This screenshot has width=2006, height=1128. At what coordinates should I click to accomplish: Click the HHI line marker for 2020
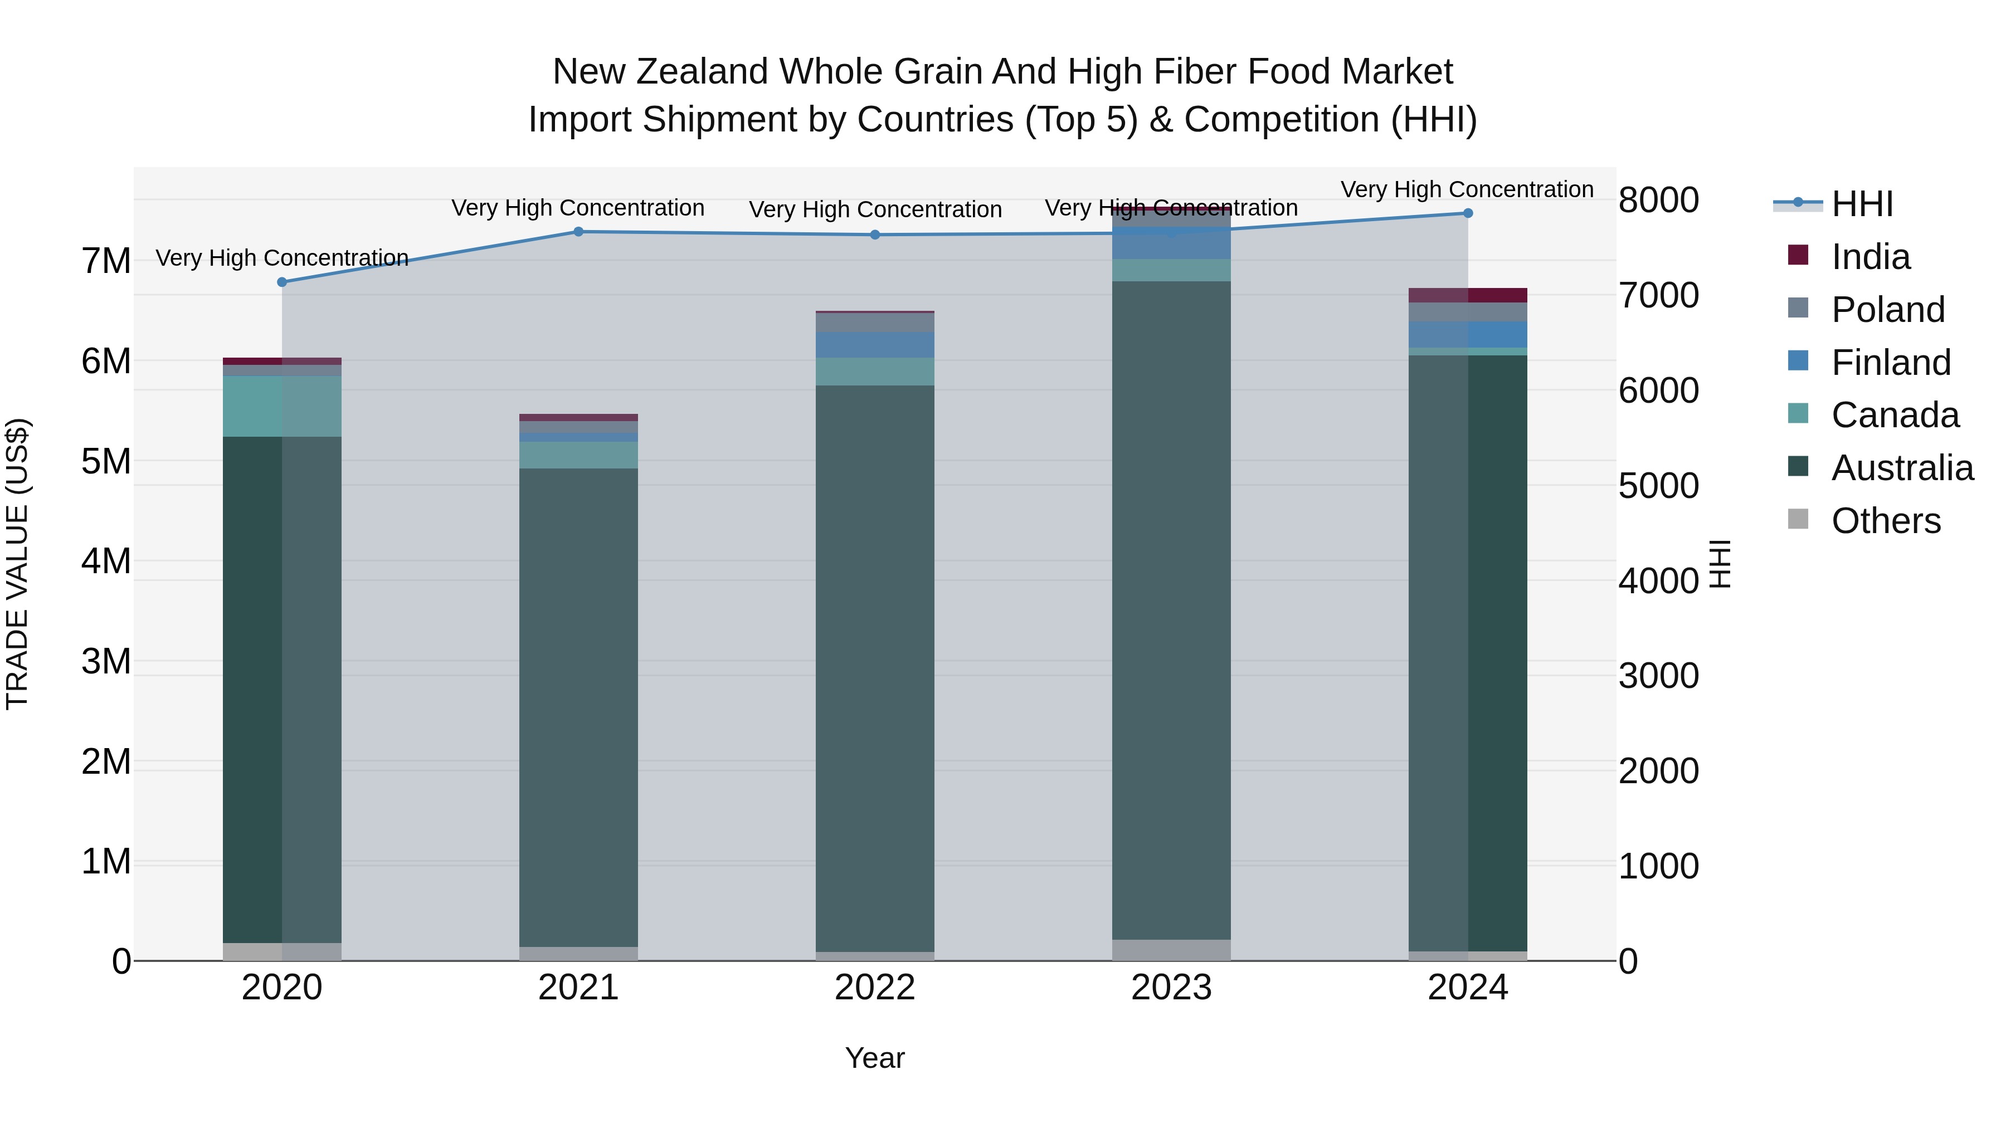(x=282, y=282)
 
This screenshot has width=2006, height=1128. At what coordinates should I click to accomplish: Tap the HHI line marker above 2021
(x=578, y=231)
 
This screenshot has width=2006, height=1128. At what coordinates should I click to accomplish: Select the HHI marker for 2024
(x=1468, y=213)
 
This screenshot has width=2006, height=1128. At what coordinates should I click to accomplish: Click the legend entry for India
(x=1869, y=257)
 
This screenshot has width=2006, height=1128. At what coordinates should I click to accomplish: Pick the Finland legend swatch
(x=1798, y=361)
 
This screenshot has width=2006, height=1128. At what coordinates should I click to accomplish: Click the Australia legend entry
(x=1902, y=468)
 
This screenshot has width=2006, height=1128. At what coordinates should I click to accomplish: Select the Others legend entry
(x=1885, y=521)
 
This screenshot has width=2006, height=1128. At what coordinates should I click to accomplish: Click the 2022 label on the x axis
(x=874, y=988)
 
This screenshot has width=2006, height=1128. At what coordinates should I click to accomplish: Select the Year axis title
(x=874, y=1058)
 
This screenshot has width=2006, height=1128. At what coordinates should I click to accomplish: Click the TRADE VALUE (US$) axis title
(x=17, y=564)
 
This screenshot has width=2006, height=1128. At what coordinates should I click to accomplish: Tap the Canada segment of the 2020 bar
(x=282, y=407)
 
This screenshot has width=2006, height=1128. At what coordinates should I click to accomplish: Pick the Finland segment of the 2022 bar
(x=874, y=345)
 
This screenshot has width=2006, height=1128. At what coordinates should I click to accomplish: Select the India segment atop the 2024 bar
(x=1468, y=295)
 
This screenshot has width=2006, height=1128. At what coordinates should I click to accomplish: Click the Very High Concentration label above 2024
(x=1467, y=189)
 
